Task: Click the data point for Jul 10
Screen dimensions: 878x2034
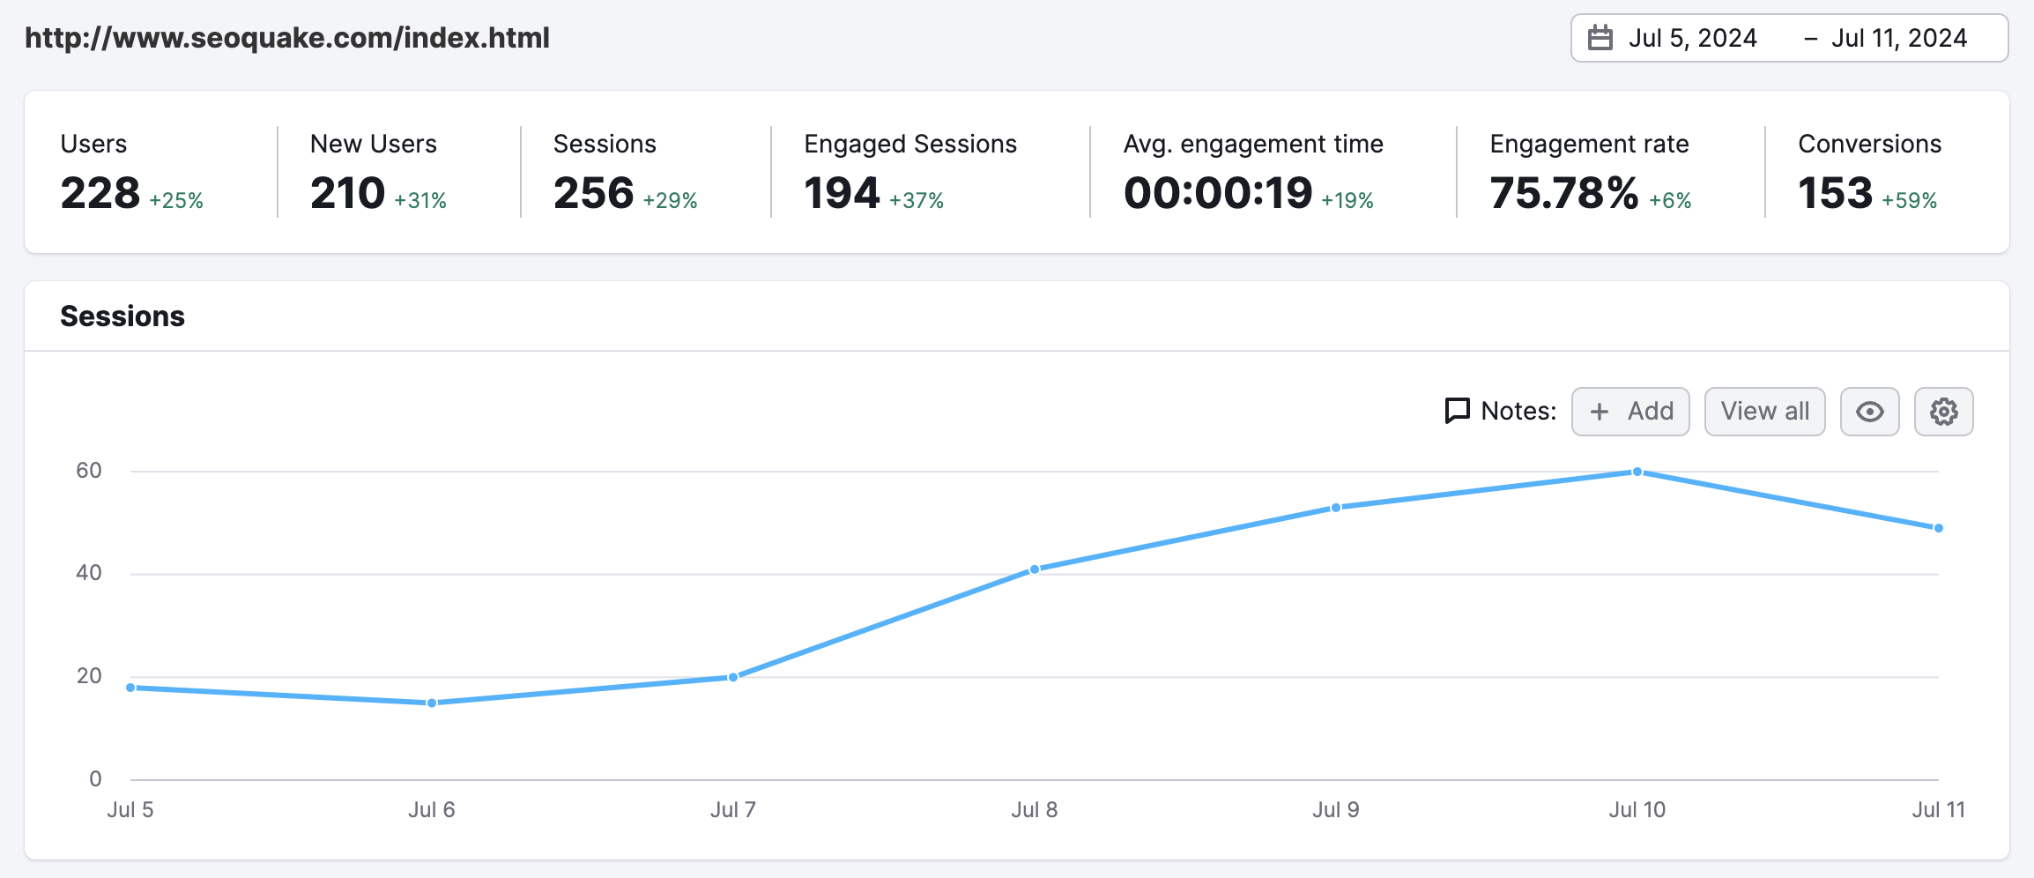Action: (1637, 472)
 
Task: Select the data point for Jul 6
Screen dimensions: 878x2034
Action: (432, 703)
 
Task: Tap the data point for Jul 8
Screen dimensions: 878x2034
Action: (1035, 569)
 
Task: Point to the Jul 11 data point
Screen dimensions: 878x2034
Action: (1938, 528)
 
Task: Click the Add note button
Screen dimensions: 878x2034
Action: (1630, 412)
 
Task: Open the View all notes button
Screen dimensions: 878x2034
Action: (1764, 412)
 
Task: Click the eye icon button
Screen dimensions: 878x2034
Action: (1869, 412)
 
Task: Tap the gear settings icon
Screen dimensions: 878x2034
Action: (1943, 412)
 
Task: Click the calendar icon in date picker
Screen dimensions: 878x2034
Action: (1600, 39)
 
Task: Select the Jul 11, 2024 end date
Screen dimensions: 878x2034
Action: (1898, 39)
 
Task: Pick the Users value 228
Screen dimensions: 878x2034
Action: (100, 193)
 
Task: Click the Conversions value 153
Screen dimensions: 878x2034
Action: (1835, 193)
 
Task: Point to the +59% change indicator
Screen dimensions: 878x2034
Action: (1909, 201)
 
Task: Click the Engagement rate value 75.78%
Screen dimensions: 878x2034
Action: (1564, 193)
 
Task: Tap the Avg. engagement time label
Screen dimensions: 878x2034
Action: (1253, 144)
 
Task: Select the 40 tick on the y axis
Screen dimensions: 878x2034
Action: (89, 573)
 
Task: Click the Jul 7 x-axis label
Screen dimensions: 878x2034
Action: (733, 810)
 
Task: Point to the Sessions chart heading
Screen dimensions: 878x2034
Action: (122, 316)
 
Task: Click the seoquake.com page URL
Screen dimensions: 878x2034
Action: (287, 38)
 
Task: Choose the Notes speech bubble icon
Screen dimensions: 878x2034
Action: (1458, 411)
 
